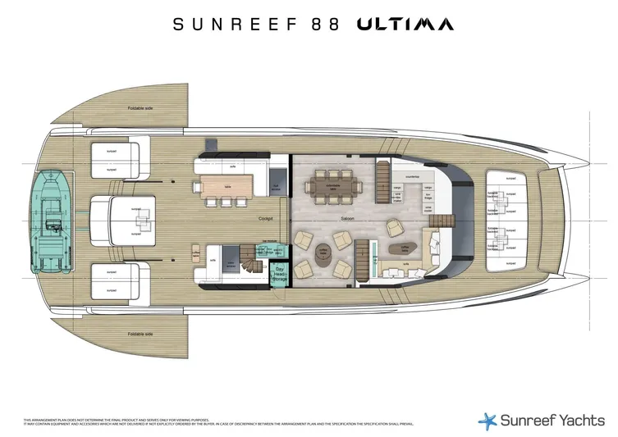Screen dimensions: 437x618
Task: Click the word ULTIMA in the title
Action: [405, 24]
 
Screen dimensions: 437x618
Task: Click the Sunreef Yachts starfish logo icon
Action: [488, 420]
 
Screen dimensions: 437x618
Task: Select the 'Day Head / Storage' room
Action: [279, 273]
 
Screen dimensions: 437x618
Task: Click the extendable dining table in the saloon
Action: [334, 189]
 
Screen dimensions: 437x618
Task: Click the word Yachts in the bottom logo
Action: [566, 420]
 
